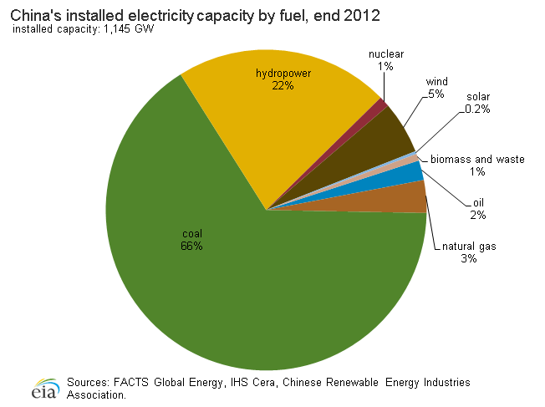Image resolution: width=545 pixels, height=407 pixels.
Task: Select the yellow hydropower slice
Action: [x=276, y=125]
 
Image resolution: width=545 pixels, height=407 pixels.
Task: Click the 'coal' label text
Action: [x=192, y=233]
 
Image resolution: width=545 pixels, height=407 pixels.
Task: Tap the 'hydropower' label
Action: [x=283, y=74]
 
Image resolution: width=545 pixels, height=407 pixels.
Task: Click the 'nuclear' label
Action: [x=386, y=54]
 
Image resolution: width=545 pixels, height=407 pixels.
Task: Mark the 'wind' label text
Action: [x=436, y=81]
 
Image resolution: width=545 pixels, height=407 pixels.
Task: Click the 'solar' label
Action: [x=478, y=97]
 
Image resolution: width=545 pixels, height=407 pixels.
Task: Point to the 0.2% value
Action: [x=478, y=109]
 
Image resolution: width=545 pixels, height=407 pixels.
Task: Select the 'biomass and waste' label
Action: [x=477, y=159]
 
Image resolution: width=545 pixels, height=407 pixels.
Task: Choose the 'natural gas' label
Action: [x=468, y=247]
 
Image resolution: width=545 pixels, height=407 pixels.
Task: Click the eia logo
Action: [x=43, y=389]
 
